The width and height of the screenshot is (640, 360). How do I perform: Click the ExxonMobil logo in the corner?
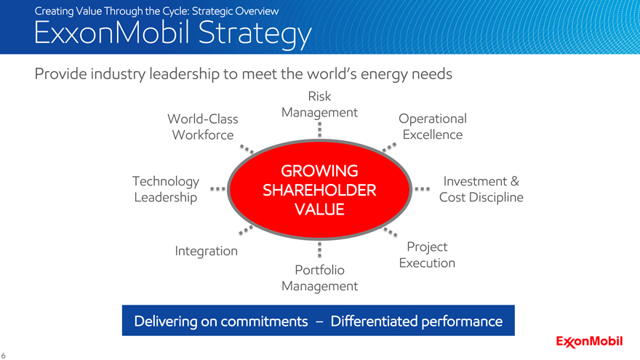click(x=589, y=342)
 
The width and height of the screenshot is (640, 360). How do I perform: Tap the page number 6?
click(x=3, y=356)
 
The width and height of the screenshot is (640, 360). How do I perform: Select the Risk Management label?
click(x=319, y=105)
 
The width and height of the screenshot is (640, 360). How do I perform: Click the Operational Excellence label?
click(x=433, y=127)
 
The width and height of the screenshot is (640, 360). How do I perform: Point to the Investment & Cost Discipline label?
click(x=481, y=189)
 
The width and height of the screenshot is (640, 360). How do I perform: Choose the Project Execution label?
click(x=427, y=255)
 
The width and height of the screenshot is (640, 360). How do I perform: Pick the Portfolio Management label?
click(x=319, y=278)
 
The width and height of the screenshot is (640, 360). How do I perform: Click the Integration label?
click(x=206, y=251)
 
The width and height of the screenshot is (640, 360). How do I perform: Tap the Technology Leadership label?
click(x=166, y=189)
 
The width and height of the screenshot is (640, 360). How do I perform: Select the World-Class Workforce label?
click(x=203, y=127)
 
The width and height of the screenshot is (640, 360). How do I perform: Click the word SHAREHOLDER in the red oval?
click(x=319, y=191)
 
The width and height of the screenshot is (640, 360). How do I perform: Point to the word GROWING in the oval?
click(x=319, y=171)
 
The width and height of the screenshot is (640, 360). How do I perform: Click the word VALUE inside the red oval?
click(x=319, y=209)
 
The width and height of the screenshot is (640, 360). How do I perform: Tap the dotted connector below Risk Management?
click(x=319, y=129)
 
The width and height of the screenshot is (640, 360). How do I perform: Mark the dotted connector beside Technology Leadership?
click(x=217, y=189)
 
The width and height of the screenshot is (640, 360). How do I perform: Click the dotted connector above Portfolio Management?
click(x=319, y=249)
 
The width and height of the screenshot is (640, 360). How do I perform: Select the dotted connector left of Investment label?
click(x=422, y=189)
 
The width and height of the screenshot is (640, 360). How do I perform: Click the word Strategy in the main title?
click(x=255, y=33)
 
